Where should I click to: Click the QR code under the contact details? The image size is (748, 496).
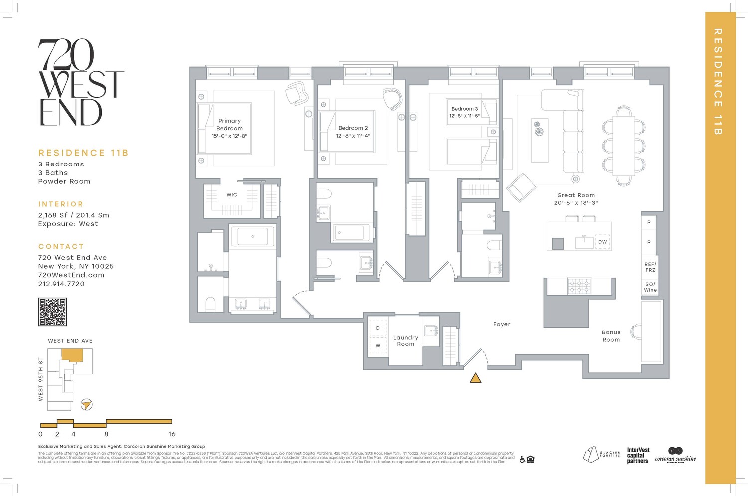(52, 312)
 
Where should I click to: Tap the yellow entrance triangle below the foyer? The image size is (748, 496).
(475, 378)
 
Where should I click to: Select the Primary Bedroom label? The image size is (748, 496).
(229, 125)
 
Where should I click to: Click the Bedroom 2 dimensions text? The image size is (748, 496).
(353, 136)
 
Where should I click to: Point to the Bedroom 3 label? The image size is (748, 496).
(464, 109)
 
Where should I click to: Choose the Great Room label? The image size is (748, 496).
(576, 195)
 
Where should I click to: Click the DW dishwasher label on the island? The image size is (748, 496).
(602, 242)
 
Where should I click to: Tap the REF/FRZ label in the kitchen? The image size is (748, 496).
(650, 267)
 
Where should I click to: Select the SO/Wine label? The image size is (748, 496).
(650, 287)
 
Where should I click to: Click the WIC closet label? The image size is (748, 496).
(232, 195)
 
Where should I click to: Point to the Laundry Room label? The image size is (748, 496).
(405, 341)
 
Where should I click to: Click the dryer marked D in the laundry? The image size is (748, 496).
(378, 328)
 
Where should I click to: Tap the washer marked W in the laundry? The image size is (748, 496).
(378, 345)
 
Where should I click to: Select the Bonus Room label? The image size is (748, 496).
(611, 336)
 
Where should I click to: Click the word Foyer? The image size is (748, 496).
(502, 324)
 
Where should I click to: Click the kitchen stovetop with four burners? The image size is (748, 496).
(579, 286)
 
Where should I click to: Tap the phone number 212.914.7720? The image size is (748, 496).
(61, 284)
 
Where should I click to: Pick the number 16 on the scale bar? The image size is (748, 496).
(172, 434)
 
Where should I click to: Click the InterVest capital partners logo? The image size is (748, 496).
(638, 455)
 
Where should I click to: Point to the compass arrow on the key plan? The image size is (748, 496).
(87, 404)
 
